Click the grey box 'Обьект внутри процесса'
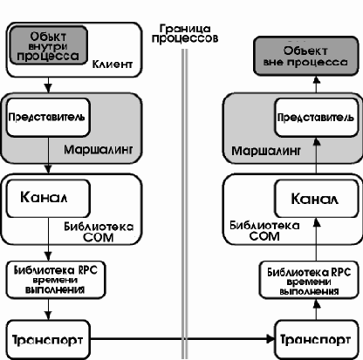click(49, 45)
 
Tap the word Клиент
click(113, 65)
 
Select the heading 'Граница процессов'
click(185, 34)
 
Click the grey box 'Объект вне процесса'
click(306, 56)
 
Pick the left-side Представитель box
click(48, 118)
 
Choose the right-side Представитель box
click(317, 118)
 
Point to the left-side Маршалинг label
click(99, 150)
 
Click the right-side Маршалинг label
click(266, 151)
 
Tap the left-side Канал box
click(48, 199)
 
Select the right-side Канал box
click(317, 199)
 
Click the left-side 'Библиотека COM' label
click(99, 232)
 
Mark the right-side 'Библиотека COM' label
click(264, 231)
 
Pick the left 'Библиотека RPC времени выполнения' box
click(56, 280)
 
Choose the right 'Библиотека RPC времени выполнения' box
click(309, 280)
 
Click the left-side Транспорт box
click(48, 340)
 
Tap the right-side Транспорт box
click(317, 340)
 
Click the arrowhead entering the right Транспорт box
click(271, 339)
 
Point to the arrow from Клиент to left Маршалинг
click(48, 85)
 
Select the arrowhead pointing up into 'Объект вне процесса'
click(317, 79)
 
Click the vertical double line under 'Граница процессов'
click(184, 204)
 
